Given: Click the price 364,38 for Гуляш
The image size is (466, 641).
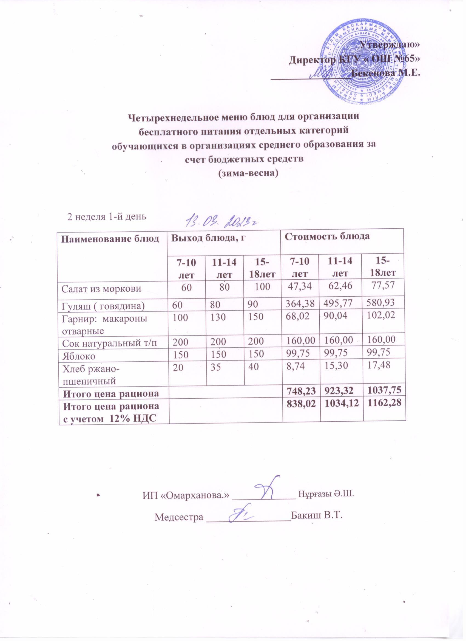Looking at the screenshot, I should click(x=300, y=304).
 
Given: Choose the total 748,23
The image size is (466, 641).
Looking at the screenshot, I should click(x=300, y=393).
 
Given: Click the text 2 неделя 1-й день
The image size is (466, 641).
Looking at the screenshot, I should click(x=106, y=217).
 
